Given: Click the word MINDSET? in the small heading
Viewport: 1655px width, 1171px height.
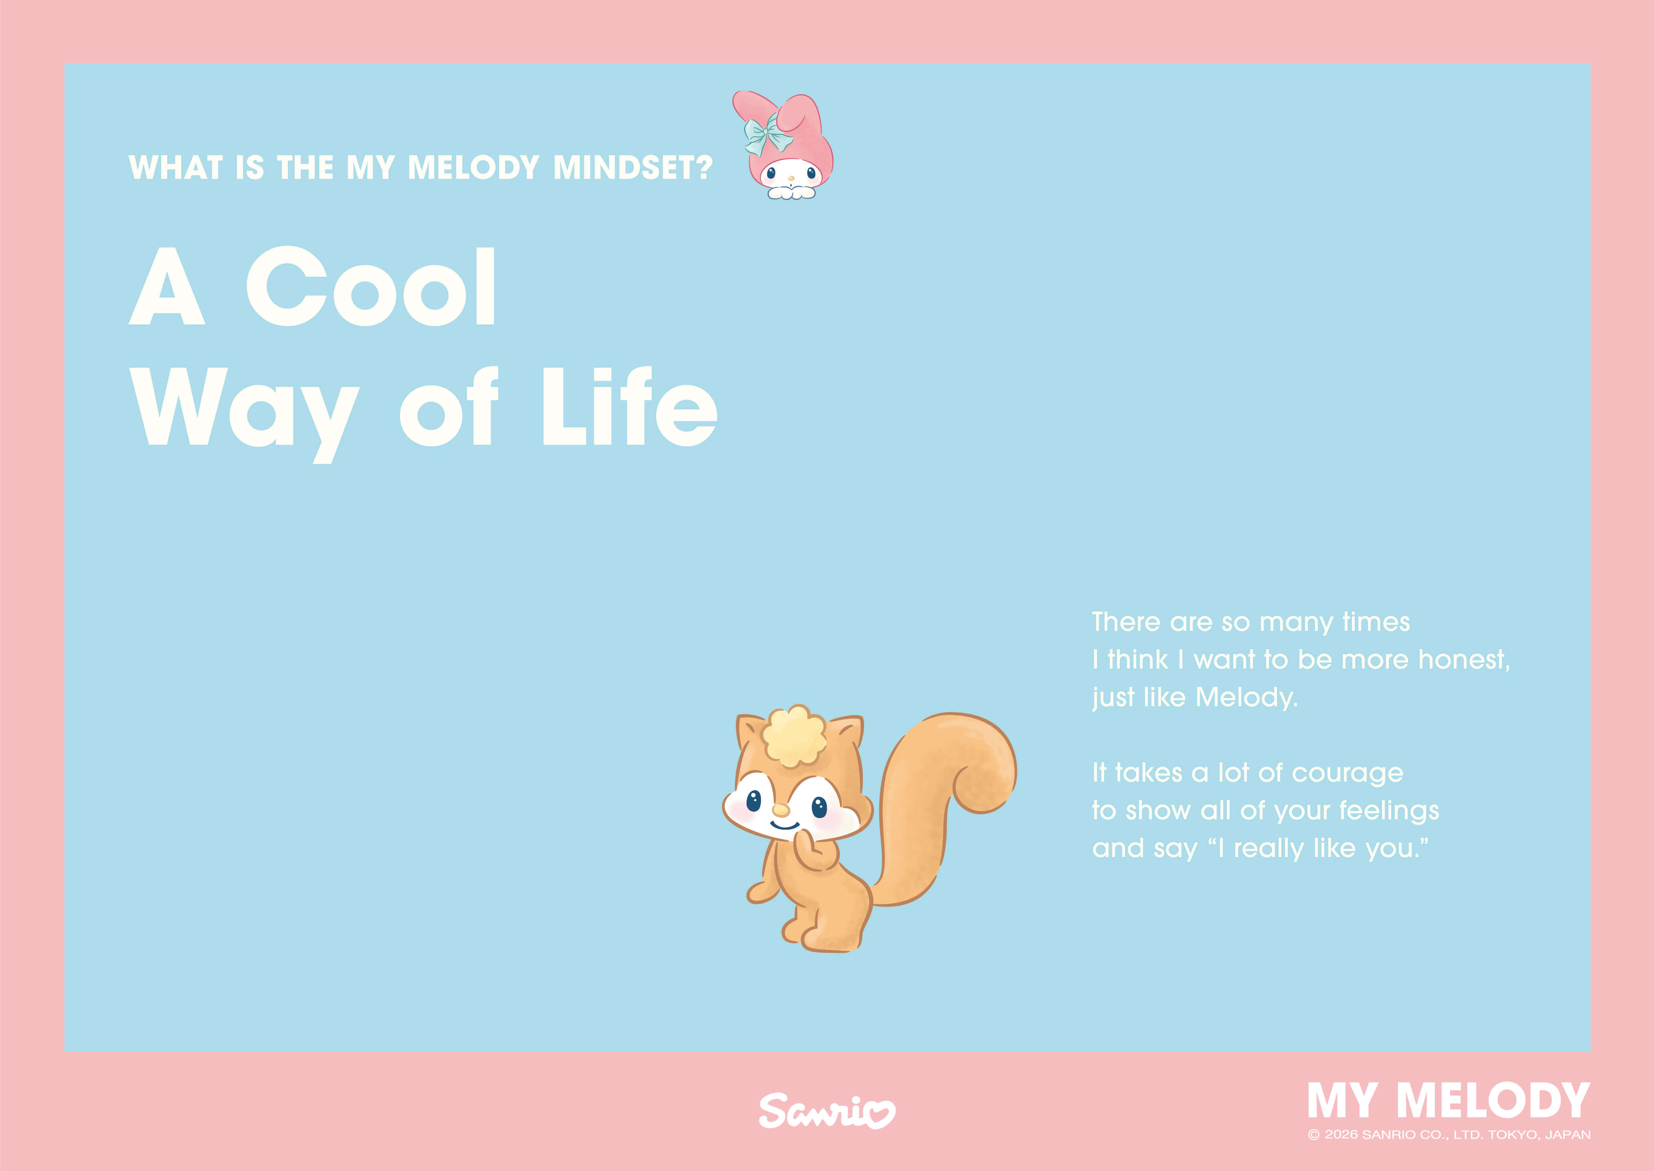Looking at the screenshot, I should point(632,168).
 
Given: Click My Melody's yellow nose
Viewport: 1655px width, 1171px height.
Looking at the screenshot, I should point(791,177).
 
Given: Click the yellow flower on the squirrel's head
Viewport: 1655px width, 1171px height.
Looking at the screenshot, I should point(794,735).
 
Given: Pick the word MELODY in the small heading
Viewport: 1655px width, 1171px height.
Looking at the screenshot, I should point(473,168).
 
